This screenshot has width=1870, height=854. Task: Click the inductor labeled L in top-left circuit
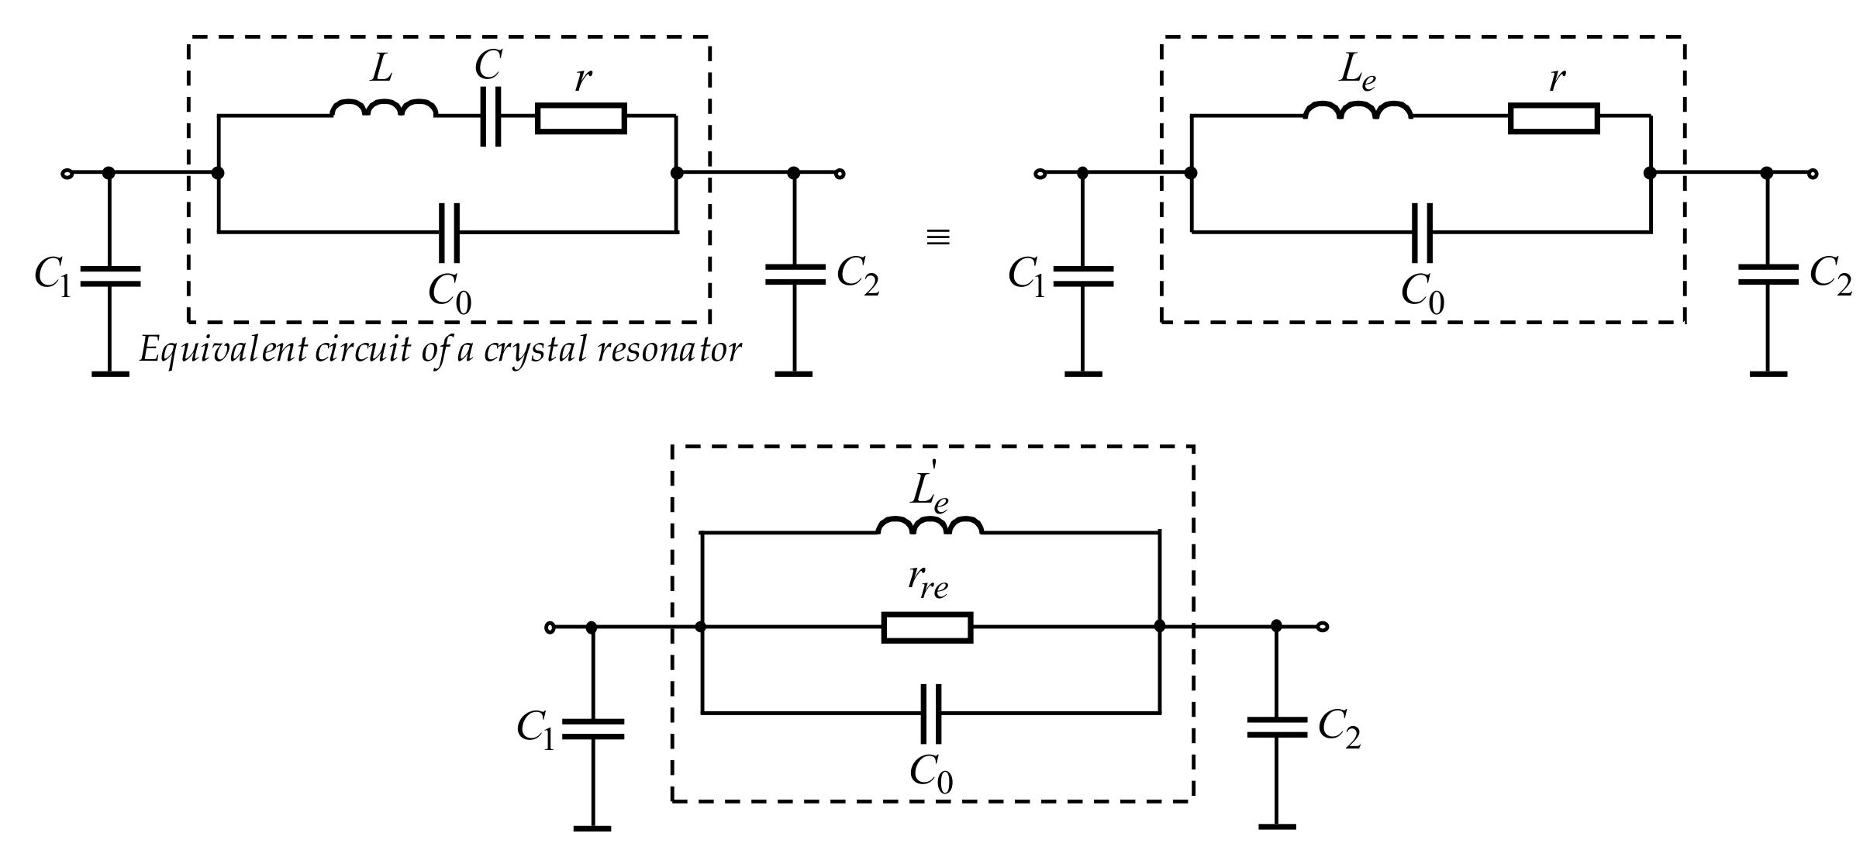[x=384, y=110]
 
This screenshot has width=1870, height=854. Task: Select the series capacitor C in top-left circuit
[x=491, y=116]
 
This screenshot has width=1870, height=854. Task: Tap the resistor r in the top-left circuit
[x=581, y=119]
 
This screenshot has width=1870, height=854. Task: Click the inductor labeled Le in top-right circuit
[x=1358, y=111]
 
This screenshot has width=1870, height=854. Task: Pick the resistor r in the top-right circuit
[x=1553, y=119]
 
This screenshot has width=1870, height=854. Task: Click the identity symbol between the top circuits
[x=938, y=237]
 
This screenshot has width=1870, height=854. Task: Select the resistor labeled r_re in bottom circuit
[x=927, y=627]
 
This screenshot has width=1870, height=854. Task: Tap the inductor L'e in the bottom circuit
[x=930, y=526]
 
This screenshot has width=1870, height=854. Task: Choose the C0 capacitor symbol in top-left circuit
[x=448, y=232]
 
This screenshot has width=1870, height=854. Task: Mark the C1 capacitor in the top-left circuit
[x=110, y=276]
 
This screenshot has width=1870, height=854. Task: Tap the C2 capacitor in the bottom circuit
[x=1277, y=728]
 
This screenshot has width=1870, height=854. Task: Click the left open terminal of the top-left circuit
[x=67, y=174]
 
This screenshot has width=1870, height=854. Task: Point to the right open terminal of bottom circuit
[x=1323, y=627]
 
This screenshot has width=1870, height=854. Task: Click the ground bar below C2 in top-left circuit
[x=793, y=374]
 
